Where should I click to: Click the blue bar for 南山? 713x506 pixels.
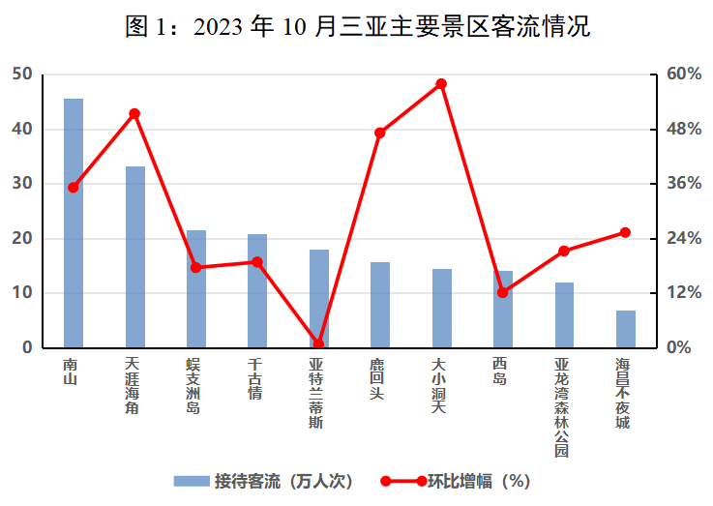[74, 223]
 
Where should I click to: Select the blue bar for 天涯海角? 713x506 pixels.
[134, 256]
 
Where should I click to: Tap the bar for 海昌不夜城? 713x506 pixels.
[625, 329]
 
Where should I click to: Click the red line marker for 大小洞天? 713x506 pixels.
[441, 84]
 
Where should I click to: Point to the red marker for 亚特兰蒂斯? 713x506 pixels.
[318, 343]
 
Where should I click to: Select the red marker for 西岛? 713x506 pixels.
[502, 292]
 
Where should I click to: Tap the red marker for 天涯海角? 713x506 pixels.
[134, 114]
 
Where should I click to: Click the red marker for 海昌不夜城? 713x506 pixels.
[625, 232]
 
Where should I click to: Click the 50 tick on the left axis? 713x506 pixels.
[22, 74]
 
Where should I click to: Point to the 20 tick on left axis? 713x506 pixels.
[22, 238]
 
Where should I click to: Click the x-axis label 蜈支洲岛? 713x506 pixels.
[195, 386]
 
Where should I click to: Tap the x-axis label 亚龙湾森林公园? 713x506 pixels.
[564, 406]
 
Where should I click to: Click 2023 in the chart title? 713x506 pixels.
[219, 26]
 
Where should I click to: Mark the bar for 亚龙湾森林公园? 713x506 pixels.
[564, 315]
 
